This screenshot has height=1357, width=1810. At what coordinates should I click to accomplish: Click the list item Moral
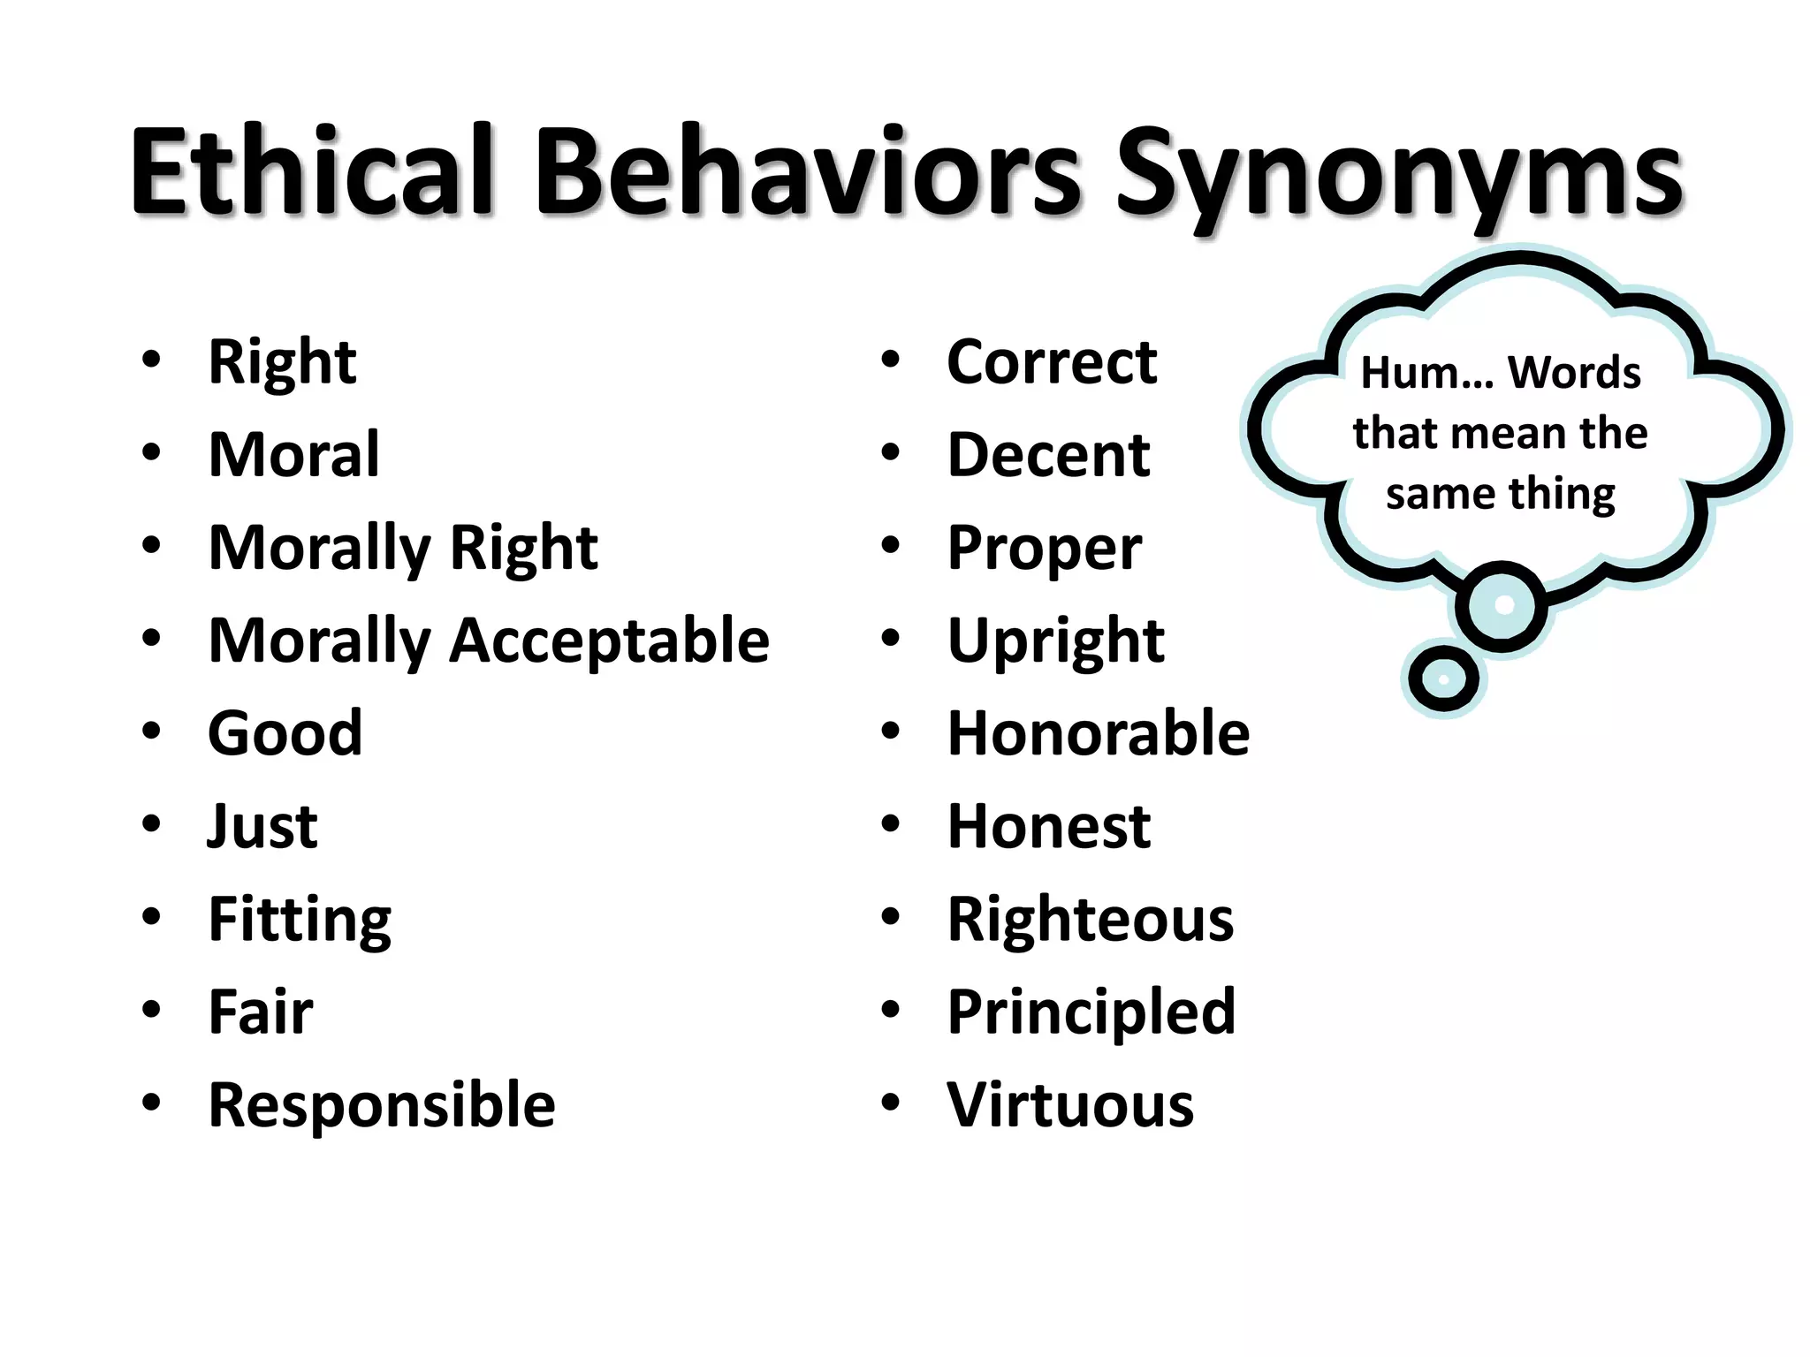pyautogui.click(x=293, y=455)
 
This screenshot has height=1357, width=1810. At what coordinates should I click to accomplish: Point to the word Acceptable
pyautogui.click(x=610, y=641)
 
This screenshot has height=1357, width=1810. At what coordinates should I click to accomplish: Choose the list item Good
pyautogui.click(x=285, y=733)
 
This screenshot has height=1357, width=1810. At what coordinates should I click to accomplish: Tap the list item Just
pyautogui.click(x=262, y=827)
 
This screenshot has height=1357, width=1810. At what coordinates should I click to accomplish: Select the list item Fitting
pyautogui.click(x=300, y=921)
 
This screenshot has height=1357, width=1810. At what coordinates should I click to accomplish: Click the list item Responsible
pyautogui.click(x=382, y=1105)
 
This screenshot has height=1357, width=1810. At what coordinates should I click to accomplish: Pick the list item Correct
pyautogui.click(x=1052, y=362)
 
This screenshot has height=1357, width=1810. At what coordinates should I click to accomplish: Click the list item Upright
pyautogui.click(x=1055, y=641)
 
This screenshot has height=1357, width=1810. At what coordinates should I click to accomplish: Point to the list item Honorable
pyautogui.click(x=1098, y=733)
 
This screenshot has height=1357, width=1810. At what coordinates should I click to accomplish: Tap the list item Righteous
pyautogui.click(x=1090, y=920)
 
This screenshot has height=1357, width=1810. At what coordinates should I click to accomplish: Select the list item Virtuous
pyautogui.click(x=1069, y=1105)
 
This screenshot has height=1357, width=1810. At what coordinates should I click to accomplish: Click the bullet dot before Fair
pyautogui.click(x=152, y=1009)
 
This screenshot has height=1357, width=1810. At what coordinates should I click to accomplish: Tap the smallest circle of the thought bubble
pyautogui.click(x=1443, y=679)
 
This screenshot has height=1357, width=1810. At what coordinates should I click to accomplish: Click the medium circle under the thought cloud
pyautogui.click(x=1502, y=606)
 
